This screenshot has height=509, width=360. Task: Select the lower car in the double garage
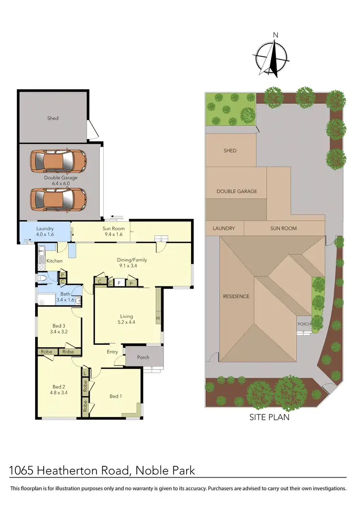tap(58, 198)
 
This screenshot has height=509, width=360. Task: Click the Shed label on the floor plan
tap(53, 118)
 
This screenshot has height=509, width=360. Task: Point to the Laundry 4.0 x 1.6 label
tap(44, 232)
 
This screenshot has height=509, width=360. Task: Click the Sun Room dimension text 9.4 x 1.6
tap(113, 235)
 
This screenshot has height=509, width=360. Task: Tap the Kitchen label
tap(54, 260)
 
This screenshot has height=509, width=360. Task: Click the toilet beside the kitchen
tap(42, 278)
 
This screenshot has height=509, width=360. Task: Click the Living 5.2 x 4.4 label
tap(126, 320)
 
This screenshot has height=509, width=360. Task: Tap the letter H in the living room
tap(157, 318)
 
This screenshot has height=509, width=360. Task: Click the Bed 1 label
tap(115, 396)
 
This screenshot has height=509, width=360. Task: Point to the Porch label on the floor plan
tap(143, 357)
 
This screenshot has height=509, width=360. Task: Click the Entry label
tap(112, 352)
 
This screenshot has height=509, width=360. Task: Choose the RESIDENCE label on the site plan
tap(236, 296)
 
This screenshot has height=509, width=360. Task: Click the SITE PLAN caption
tap(269, 417)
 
